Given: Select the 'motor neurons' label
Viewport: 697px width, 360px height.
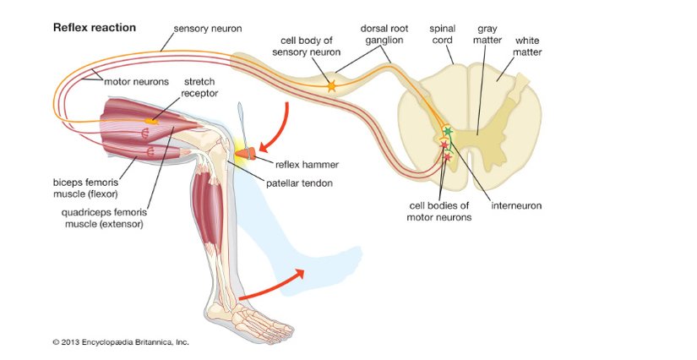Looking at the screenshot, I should pos(134,83).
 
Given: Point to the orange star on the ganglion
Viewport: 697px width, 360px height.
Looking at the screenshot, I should pos(331,85).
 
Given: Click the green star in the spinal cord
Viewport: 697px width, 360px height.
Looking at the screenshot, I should pos(449,131).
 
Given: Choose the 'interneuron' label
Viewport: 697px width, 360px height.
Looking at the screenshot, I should pos(516,205).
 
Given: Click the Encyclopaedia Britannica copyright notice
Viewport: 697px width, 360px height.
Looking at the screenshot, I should pos(120,342).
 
